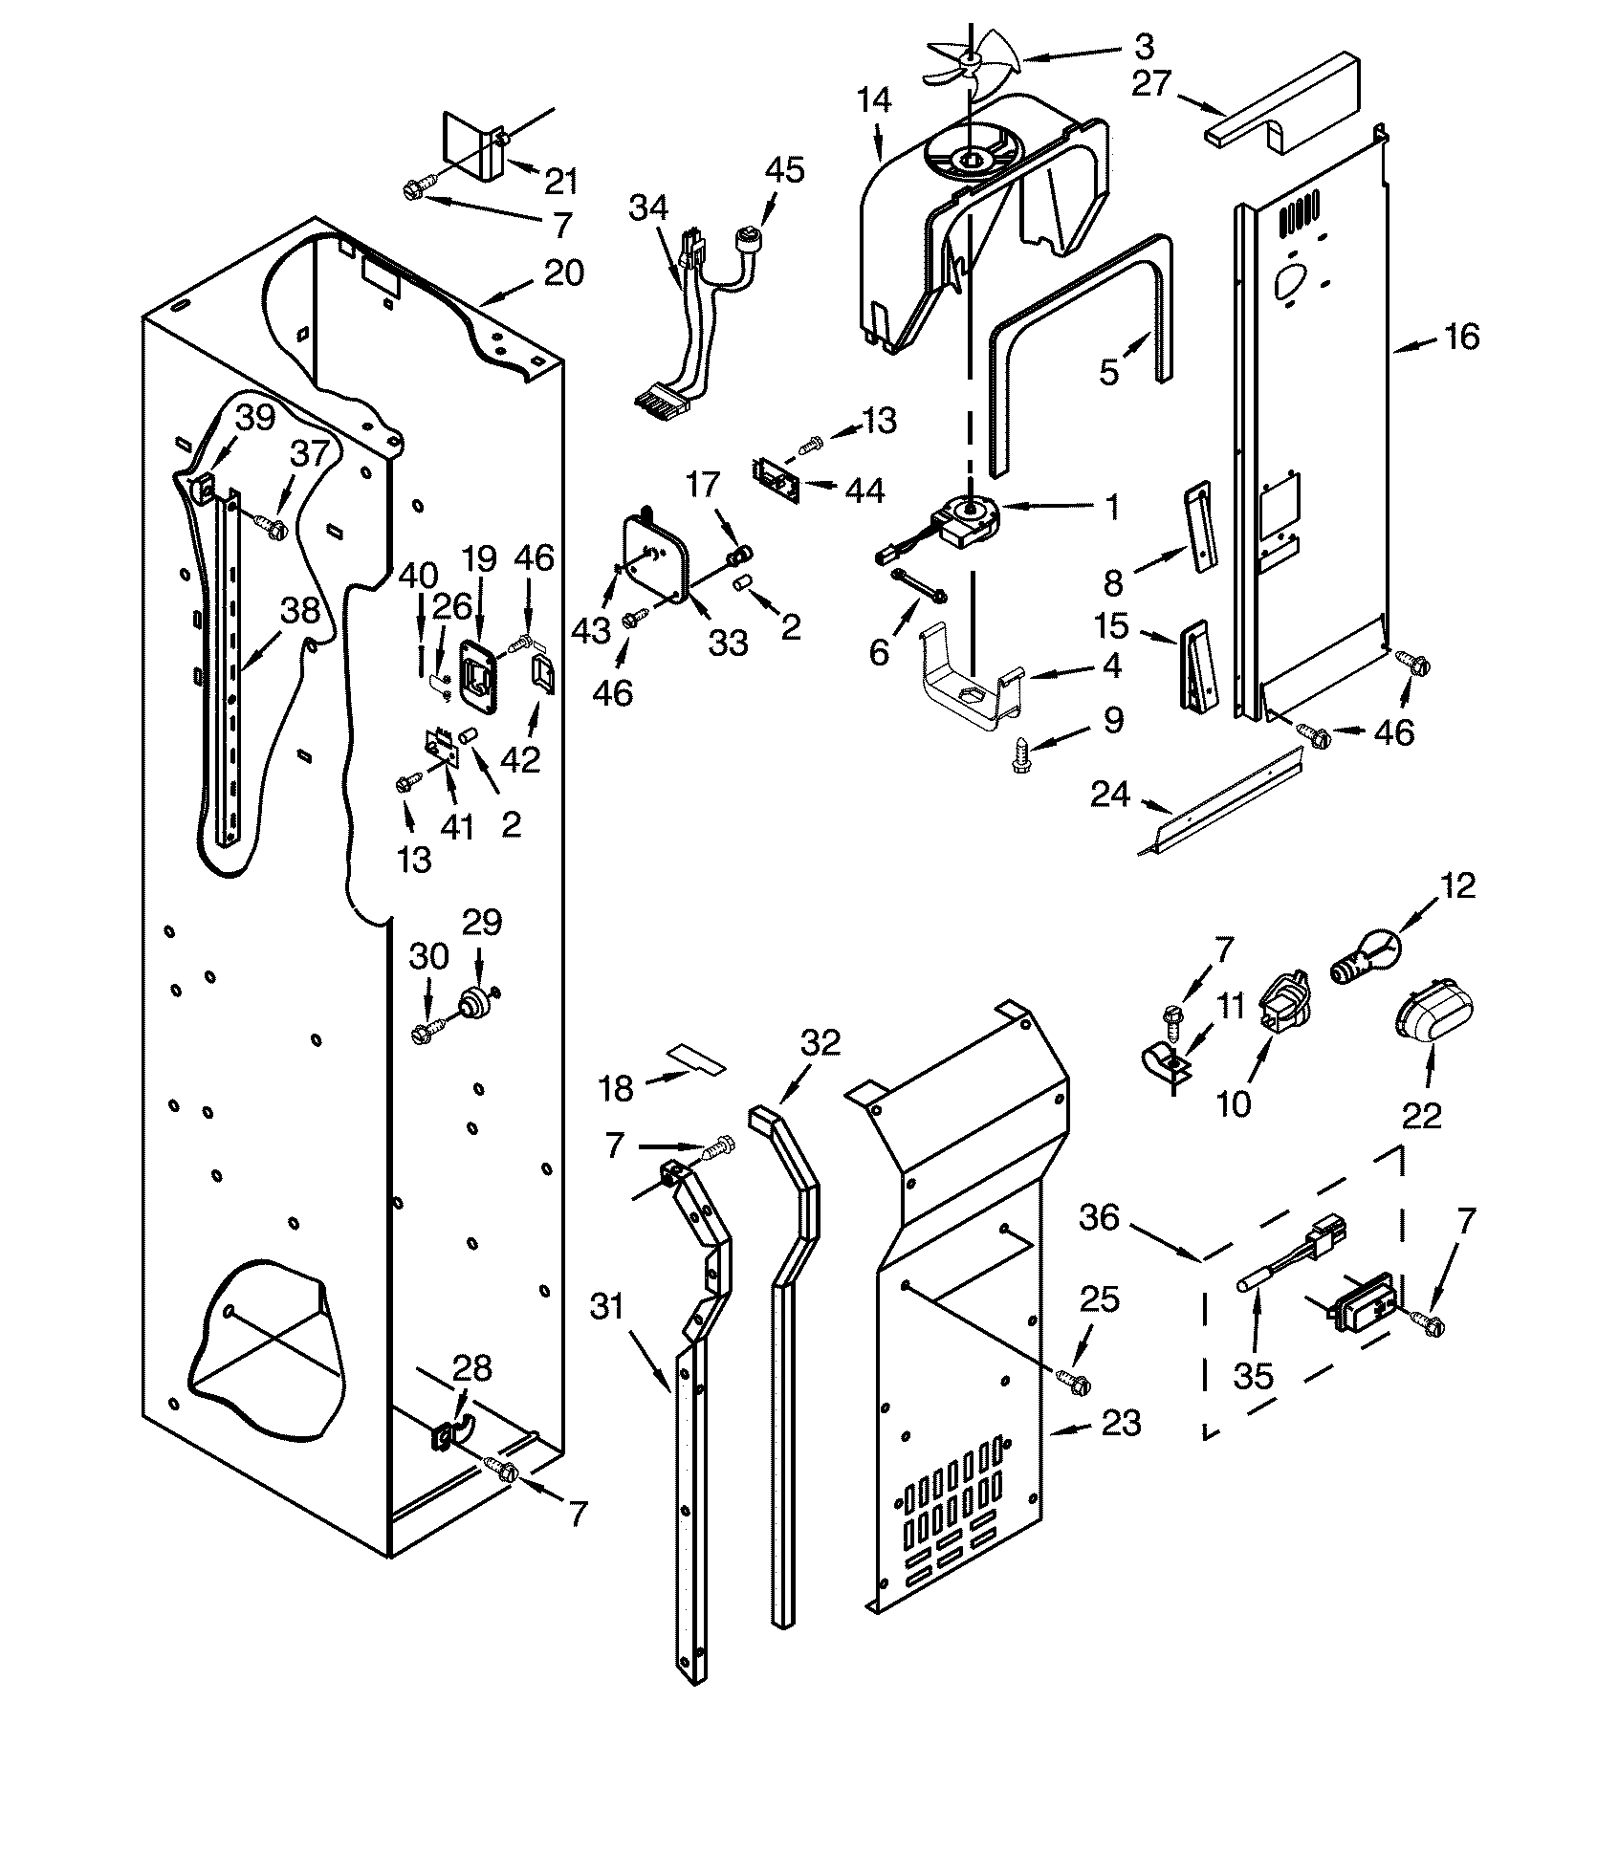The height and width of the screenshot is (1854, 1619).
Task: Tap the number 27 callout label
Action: point(1150,84)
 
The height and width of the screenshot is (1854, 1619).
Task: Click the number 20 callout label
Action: point(563,273)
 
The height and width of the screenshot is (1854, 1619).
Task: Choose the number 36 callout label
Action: point(1100,1217)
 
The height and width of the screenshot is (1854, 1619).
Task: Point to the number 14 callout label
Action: point(873,99)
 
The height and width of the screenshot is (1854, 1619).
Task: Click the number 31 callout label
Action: point(607,1307)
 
